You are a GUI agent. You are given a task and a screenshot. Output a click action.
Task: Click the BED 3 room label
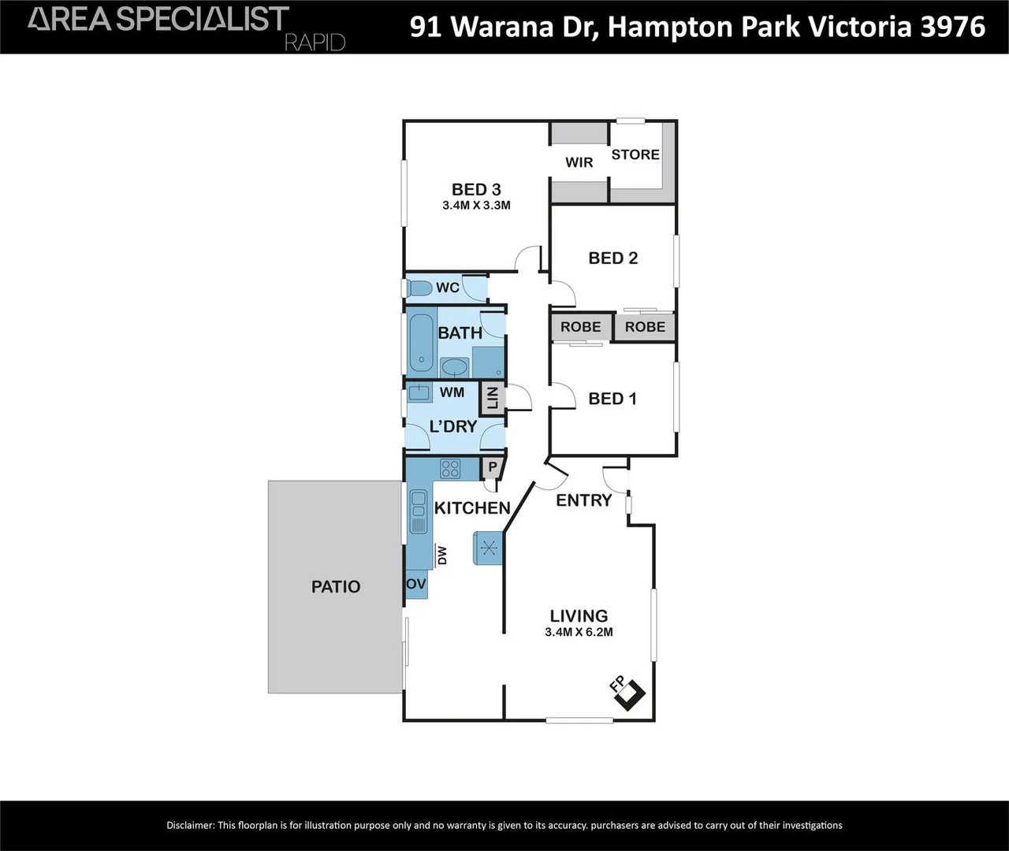(476, 189)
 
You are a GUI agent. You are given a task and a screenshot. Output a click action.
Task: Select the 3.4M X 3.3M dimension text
(476, 206)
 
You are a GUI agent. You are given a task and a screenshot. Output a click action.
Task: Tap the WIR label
(579, 162)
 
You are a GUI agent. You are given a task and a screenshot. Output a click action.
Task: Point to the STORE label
(635, 154)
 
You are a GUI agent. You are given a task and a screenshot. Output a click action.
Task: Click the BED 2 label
(612, 258)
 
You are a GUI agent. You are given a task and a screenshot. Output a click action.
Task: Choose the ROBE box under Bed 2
(645, 327)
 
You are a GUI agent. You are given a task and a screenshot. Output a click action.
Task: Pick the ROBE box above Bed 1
(581, 327)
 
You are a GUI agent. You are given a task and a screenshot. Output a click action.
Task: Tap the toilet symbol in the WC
(419, 288)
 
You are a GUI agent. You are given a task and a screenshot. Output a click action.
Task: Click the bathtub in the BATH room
(421, 344)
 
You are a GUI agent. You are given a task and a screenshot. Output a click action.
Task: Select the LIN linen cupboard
(493, 398)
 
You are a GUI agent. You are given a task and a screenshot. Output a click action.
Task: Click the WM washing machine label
(452, 392)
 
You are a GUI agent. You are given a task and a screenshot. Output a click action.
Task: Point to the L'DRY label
(453, 426)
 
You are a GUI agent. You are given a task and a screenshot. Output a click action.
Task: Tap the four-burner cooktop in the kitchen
(450, 469)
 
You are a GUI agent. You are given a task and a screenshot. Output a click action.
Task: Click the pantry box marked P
(492, 467)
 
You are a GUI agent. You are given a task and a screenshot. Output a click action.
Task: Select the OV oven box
(416, 584)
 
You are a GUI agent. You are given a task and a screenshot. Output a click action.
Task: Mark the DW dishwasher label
(442, 556)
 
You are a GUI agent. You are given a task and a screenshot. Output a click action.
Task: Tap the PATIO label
(336, 586)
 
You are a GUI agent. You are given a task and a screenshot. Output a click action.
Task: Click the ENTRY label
(583, 500)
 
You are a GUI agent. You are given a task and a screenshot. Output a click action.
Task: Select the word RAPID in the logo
(315, 42)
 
